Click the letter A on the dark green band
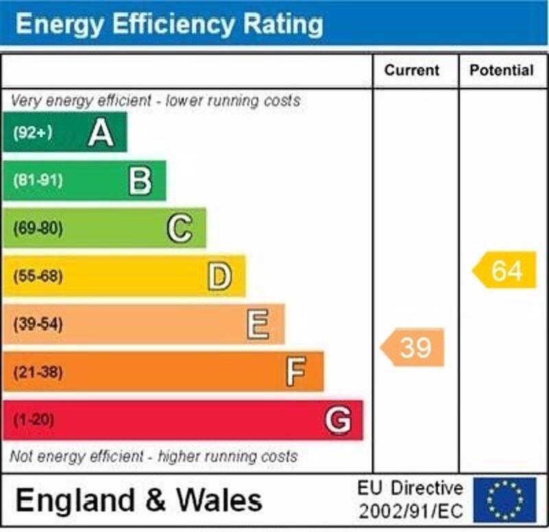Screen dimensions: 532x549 pyautogui.click(x=100, y=132)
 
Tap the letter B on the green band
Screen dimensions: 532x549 pyautogui.click(x=140, y=181)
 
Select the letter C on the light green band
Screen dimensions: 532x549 pyautogui.click(x=180, y=228)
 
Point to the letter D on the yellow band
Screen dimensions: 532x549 pyautogui.click(x=220, y=276)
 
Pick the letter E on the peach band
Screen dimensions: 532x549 pyautogui.click(x=258, y=324)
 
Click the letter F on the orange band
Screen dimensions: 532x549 pyautogui.click(x=296, y=372)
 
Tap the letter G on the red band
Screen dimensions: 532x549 pyautogui.click(x=338, y=420)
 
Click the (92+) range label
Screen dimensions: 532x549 pyautogui.click(x=32, y=132)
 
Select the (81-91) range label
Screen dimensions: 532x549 pyautogui.click(x=37, y=181)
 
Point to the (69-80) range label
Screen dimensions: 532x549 pyautogui.click(x=37, y=228)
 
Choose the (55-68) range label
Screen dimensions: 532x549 pyautogui.click(x=37, y=276)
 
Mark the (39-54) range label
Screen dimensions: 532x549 pyautogui.click(x=37, y=324)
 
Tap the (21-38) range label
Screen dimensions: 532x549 pyautogui.click(x=37, y=372)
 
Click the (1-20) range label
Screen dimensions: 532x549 pyautogui.click(x=33, y=420)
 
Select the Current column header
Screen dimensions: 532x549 pyautogui.click(x=412, y=71)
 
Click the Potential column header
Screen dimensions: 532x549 pyautogui.click(x=502, y=71)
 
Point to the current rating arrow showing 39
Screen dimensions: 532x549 pyautogui.click(x=413, y=348)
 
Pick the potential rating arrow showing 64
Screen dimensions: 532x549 pyautogui.click(x=505, y=270)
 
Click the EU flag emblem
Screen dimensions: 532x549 pyautogui.click(x=505, y=500)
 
